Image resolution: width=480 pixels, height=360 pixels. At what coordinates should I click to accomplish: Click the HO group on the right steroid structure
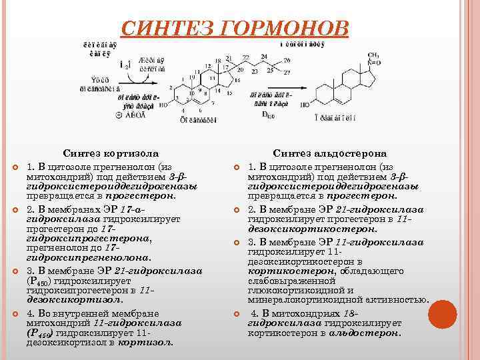point(304,104)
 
